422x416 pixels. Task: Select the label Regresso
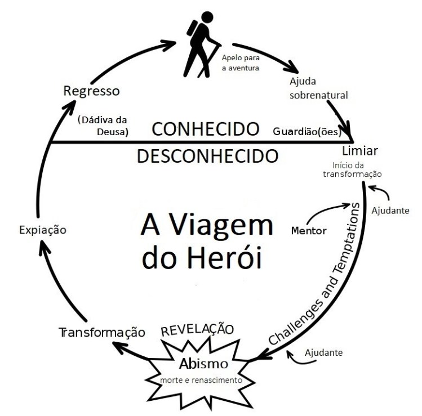[x=91, y=91]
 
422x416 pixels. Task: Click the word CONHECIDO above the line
[x=206, y=129]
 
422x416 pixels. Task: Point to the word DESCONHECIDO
[x=208, y=155]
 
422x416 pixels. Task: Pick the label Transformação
[x=101, y=332]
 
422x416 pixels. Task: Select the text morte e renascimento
[x=201, y=380]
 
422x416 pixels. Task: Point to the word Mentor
[x=309, y=230]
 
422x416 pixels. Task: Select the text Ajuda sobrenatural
[x=319, y=88]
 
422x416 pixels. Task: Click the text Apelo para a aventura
[x=241, y=63]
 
